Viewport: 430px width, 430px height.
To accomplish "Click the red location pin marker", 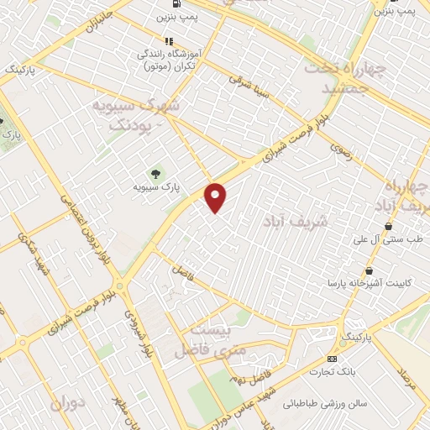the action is (x=216, y=197).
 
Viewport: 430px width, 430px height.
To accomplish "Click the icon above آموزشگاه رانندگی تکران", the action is (x=170, y=40).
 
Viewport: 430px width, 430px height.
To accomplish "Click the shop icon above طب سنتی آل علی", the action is (x=388, y=227).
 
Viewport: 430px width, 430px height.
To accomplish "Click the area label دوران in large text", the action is (x=68, y=405).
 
